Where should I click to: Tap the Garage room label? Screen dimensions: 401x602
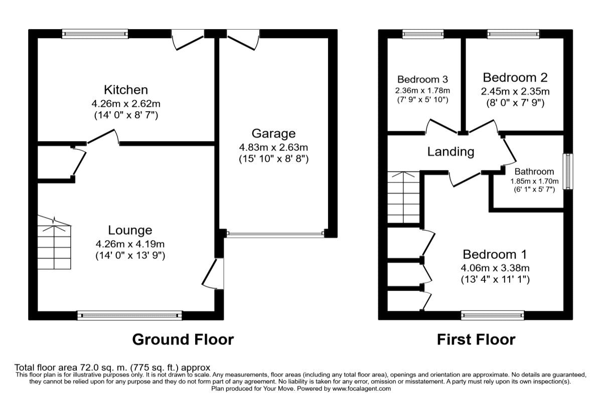tap(273, 134)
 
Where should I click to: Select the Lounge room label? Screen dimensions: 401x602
tap(130, 230)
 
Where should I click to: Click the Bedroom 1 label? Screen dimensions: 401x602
tap(495, 254)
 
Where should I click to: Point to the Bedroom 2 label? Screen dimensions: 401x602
tap(515, 78)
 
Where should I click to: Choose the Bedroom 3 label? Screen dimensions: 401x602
tap(422, 79)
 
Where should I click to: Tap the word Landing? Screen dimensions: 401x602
tap(450, 151)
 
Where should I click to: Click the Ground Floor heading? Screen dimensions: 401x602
tap(183, 339)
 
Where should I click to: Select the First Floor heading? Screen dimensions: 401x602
tap(476, 339)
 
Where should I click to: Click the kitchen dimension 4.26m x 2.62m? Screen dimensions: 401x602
tap(125, 104)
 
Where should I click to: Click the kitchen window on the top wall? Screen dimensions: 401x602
tap(95, 34)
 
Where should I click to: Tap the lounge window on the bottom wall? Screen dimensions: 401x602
tap(129, 315)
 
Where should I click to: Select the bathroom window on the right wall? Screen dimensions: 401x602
tap(568, 171)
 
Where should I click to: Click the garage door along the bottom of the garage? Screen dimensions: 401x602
tap(275, 233)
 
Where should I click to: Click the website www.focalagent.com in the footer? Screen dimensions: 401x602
tap(361, 388)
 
